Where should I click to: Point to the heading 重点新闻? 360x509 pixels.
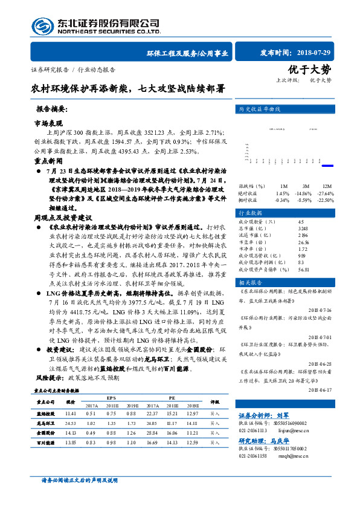tap(48, 162)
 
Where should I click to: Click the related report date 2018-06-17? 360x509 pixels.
tap(320, 391)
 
